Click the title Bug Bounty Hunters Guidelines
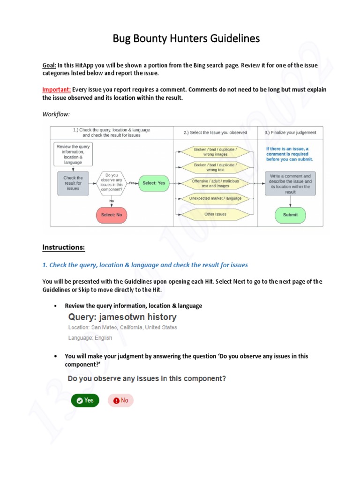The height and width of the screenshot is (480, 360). tap(186, 38)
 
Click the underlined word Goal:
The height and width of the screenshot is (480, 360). tap(50, 65)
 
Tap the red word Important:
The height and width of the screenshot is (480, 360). tap(57, 90)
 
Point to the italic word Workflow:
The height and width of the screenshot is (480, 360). tap(56, 114)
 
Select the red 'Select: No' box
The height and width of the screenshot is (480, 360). tap(112, 215)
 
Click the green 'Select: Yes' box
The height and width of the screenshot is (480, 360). tap(154, 183)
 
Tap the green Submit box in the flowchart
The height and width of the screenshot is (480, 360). tap(290, 215)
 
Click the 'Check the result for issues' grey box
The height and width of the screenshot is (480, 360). tap(73, 183)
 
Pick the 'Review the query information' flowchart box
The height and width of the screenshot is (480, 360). tap(73, 155)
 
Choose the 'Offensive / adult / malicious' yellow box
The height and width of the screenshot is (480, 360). tap(215, 183)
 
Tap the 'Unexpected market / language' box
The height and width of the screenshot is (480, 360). tap(215, 198)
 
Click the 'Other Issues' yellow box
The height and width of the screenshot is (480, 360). tap(215, 214)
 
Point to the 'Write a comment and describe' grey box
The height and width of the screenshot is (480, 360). tap(290, 183)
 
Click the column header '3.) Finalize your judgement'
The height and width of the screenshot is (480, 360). tap(290, 133)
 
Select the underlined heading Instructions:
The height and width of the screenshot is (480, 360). tap(64, 247)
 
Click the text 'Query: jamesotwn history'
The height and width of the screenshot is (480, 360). tap(122, 317)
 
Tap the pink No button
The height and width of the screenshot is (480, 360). tap(120, 400)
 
